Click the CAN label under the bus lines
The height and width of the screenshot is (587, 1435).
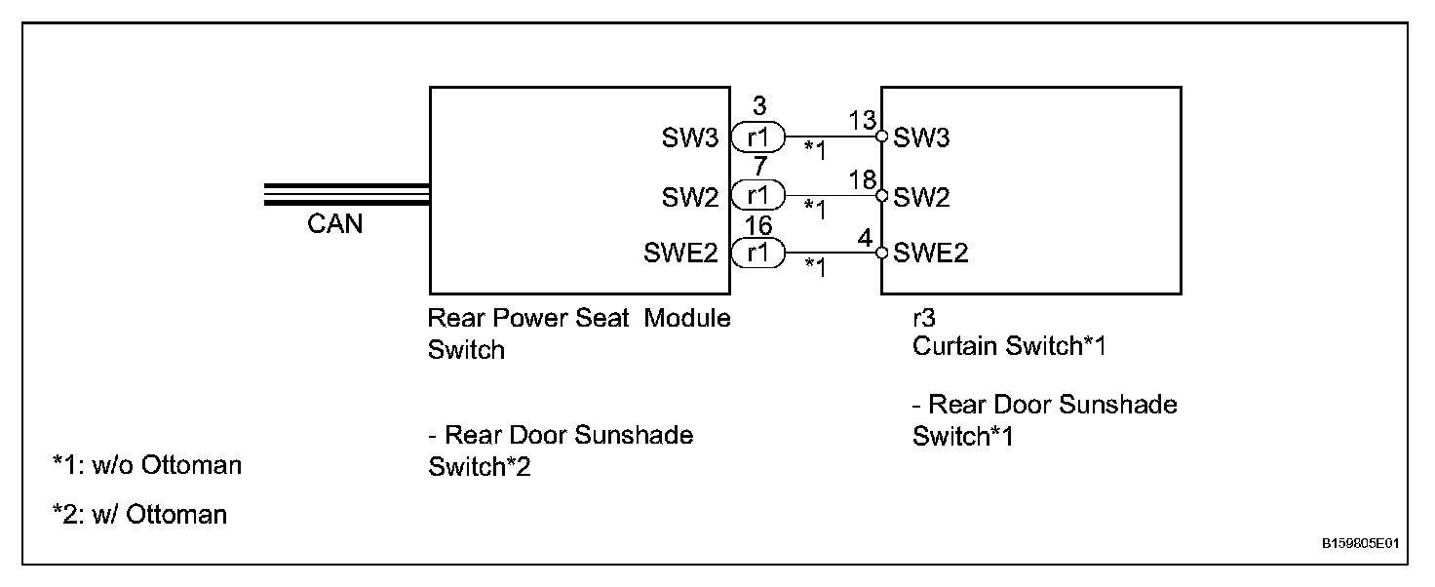tap(334, 224)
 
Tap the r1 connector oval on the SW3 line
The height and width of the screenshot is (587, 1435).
tap(757, 137)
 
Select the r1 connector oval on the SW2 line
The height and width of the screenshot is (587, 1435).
tap(757, 196)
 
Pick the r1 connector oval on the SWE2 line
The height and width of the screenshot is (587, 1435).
tap(757, 254)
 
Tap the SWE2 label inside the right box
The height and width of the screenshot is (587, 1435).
tap(930, 254)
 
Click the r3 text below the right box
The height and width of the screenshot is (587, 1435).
tap(923, 317)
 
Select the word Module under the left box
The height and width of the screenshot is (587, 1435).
tap(687, 318)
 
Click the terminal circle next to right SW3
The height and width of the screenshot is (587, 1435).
tap(882, 137)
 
